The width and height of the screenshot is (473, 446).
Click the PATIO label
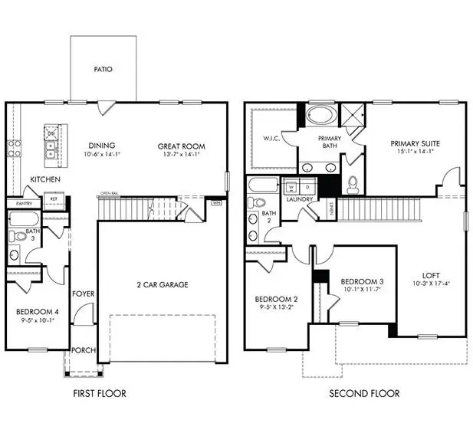point(103,69)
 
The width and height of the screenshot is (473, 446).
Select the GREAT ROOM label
point(181,146)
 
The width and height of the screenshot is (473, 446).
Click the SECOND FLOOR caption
point(364,394)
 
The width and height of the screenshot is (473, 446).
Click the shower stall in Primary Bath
point(350,116)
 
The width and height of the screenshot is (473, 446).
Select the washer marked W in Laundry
point(292,186)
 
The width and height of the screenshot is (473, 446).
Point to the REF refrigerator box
point(54,198)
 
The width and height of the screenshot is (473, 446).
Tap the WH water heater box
point(215,203)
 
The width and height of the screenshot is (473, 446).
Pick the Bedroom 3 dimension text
point(360,290)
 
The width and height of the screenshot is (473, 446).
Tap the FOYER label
point(83,294)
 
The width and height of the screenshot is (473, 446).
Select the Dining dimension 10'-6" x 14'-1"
point(101,154)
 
